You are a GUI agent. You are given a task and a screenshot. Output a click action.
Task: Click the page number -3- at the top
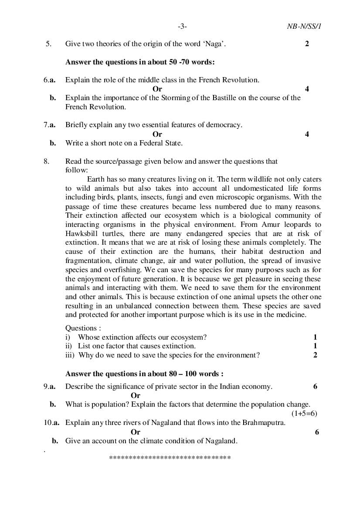(182, 27)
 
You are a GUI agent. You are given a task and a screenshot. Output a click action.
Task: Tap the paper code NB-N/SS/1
(301, 27)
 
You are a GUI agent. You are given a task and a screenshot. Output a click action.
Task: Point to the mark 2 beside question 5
(307, 44)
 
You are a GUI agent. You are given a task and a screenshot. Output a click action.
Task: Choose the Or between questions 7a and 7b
(157, 134)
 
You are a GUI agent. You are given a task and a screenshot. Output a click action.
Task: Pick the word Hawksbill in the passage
(80, 234)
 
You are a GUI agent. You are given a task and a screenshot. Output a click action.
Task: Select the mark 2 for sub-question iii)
(315, 355)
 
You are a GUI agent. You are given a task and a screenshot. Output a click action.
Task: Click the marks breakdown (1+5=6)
(304, 414)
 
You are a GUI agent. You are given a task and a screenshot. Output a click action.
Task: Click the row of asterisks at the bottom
(170, 458)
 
